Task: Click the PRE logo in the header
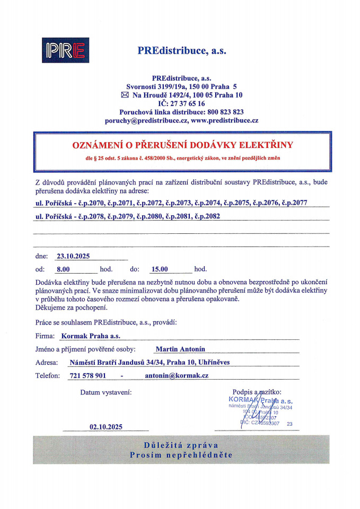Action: [66, 50]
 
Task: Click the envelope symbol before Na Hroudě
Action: [125, 95]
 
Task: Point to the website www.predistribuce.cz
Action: [224, 120]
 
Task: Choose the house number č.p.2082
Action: [207, 216]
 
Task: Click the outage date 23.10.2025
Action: [73, 256]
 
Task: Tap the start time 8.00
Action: [63, 269]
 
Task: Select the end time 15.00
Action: [160, 269]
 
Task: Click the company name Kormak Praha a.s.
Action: [91, 336]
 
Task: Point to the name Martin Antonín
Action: [180, 349]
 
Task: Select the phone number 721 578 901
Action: [88, 375]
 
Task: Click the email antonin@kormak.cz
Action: [177, 375]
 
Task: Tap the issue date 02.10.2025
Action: [106, 426]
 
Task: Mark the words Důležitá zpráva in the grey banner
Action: [181, 445]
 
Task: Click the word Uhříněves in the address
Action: [211, 362]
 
